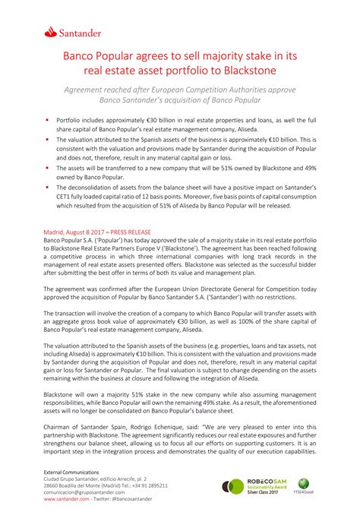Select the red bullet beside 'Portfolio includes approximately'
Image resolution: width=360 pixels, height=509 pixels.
(x=48, y=119)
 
